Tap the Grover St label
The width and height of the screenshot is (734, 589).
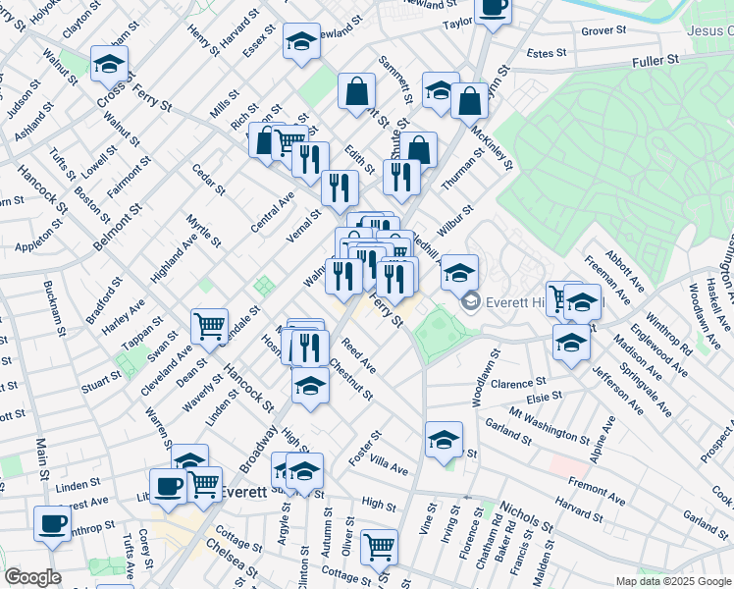(x=603, y=31)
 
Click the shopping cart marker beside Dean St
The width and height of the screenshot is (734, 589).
(x=210, y=326)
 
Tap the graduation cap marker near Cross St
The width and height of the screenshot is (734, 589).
(x=108, y=65)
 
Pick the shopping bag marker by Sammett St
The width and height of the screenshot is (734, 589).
(x=356, y=90)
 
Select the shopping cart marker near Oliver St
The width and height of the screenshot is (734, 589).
(x=379, y=547)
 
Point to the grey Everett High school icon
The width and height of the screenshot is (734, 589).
(x=470, y=299)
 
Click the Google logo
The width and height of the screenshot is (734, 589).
(x=32, y=576)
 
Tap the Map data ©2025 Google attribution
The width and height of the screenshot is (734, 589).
(x=672, y=580)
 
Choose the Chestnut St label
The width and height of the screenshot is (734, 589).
(x=351, y=381)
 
